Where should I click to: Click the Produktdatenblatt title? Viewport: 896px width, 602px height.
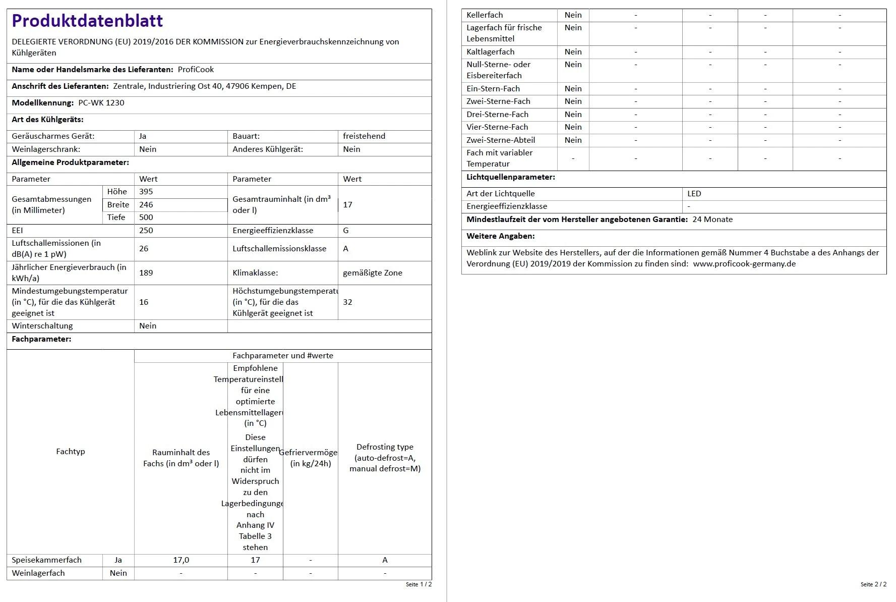(87, 21)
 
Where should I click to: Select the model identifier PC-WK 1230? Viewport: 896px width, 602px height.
(101, 103)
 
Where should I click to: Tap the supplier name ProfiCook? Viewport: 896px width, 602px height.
(196, 70)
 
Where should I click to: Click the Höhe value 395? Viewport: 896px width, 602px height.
(146, 192)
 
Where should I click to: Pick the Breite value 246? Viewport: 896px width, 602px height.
(146, 205)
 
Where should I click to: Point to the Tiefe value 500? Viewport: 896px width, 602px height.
(146, 217)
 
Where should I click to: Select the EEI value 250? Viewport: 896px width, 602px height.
(146, 231)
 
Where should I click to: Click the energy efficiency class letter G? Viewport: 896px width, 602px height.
(346, 231)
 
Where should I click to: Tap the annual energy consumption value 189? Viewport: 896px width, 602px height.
(146, 273)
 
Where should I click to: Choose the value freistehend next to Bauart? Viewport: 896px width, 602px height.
(364, 136)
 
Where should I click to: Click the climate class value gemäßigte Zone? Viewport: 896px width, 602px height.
(373, 273)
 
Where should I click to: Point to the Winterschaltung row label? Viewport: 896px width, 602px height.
(42, 326)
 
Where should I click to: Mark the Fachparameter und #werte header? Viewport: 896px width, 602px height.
(283, 356)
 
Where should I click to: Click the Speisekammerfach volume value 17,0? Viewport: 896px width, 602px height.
(181, 560)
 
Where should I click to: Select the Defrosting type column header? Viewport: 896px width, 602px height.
(385, 458)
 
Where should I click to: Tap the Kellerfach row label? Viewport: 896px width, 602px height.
(485, 15)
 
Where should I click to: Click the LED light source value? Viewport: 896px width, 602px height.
(694, 194)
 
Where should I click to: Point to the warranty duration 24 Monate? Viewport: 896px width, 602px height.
(712, 220)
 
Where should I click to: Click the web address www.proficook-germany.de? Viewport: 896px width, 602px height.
(744, 264)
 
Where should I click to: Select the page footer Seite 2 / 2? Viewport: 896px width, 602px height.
(873, 584)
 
